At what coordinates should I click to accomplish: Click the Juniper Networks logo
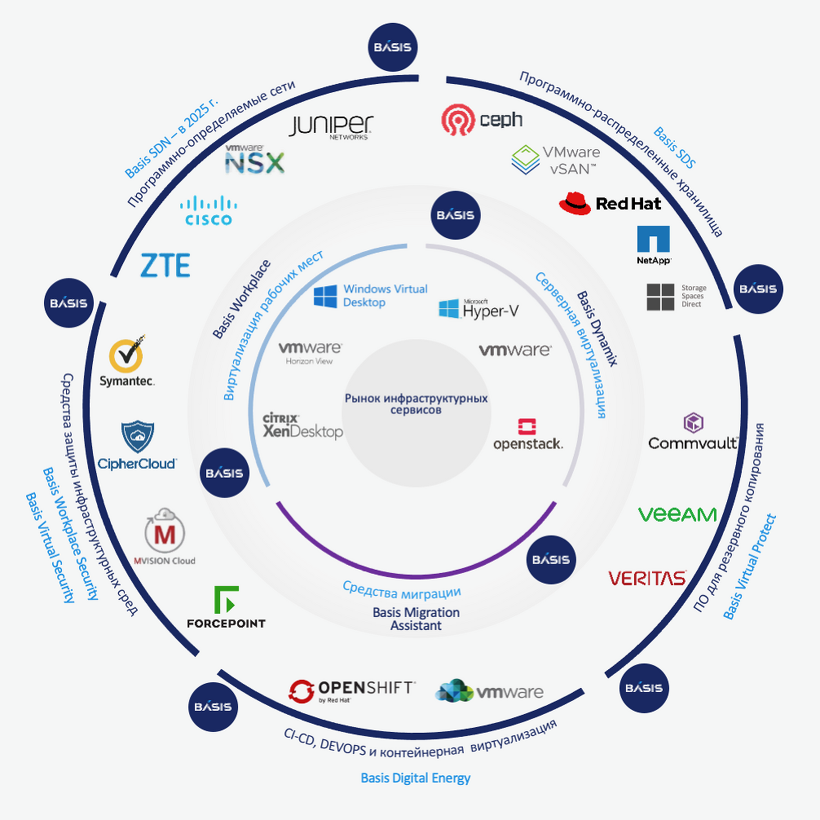(x=331, y=127)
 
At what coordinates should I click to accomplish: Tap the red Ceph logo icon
(x=457, y=120)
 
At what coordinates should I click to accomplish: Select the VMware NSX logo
(x=254, y=159)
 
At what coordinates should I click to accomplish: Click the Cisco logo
(x=208, y=210)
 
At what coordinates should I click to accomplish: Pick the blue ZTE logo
(x=165, y=265)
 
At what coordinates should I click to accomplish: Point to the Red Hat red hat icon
(x=575, y=204)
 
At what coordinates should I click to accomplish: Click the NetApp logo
(x=653, y=245)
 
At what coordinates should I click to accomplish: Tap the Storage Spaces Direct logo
(x=677, y=297)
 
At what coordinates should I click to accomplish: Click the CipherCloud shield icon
(x=138, y=437)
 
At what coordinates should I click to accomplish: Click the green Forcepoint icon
(x=226, y=599)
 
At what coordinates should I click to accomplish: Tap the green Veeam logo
(x=677, y=514)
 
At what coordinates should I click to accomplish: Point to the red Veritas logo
(x=647, y=578)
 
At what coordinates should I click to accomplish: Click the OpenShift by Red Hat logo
(x=352, y=691)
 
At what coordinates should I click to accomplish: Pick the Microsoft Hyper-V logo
(x=478, y=309)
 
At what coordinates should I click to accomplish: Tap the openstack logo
(x=527, y=434)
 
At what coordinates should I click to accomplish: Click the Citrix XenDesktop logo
(x=302, y=425)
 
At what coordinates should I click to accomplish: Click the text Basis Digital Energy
(x=416, y=778)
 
